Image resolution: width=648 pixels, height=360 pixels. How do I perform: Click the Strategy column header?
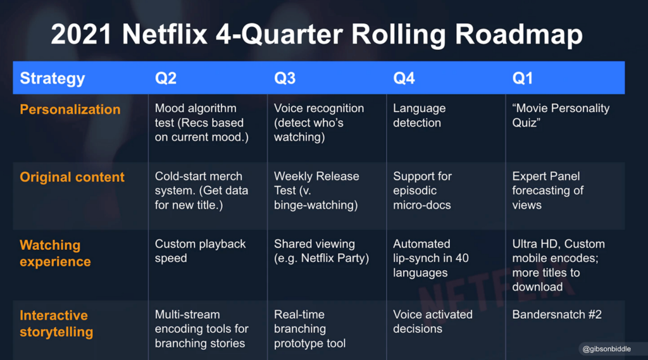tap(53, 78)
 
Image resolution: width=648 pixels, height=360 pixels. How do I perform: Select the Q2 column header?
tap(166, 78)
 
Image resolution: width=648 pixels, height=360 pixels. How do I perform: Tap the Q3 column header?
tap(285, 78)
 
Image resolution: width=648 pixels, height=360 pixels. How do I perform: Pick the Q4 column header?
tap(404, 78)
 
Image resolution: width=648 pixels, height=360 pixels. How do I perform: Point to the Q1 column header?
tap(522, 78)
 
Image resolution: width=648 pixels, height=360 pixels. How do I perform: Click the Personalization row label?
tap(70, 109)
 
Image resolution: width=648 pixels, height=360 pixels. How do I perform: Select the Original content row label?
tap(72, 177)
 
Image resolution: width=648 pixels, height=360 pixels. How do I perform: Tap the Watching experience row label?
tap(56, 253)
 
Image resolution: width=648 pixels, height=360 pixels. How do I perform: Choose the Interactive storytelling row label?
tap(56, 323)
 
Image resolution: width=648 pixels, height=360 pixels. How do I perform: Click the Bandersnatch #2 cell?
tap(557, 314)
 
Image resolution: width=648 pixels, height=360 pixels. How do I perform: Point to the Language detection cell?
tap(419, 115)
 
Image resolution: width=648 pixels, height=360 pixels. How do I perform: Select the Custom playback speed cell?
tap(201, 251)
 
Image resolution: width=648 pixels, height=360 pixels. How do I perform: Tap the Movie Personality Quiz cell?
tap(561, 115)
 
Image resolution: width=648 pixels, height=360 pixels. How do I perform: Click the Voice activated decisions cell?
tap(433, 321)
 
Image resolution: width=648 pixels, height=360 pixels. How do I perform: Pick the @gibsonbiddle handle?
tap(607, 349)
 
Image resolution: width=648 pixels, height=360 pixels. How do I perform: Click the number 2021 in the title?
tap(82, 34)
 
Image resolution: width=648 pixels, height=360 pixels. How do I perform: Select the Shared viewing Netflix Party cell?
tap(321, 251)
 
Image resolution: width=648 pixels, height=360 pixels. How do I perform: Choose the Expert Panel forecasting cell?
tap(547, 190)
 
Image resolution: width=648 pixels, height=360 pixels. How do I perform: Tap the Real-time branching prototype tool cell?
tap(309, 329)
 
